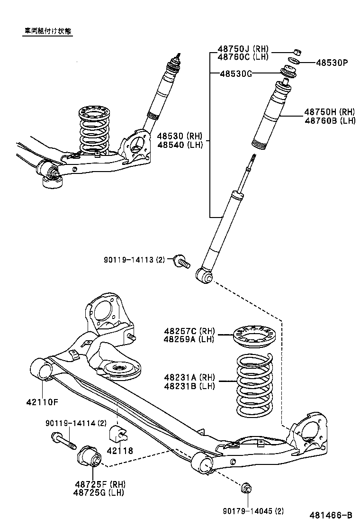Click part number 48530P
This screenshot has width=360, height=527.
(332, 62)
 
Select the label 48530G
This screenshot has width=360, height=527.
(236, 73)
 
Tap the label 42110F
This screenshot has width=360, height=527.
(42, 402)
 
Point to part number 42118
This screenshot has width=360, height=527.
(120, 451)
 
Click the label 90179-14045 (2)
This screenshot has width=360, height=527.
(253, 511)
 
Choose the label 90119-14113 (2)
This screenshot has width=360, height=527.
(134, 260)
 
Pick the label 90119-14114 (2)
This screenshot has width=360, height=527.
(76, 423)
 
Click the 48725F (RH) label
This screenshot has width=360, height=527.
(99, 484)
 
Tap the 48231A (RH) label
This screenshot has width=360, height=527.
(189, 378)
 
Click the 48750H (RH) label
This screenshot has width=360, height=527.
(329, 112)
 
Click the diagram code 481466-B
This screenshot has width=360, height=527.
(331, 515)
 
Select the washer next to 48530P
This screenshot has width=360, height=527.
(293, 62)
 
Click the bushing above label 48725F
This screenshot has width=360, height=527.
(89, 456)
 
